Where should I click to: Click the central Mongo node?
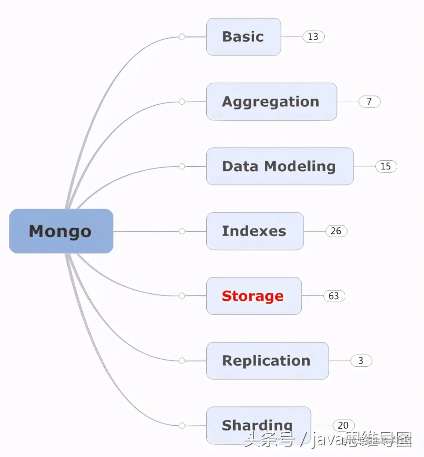[x=61, y=231]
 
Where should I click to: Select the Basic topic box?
[x=243, y=37]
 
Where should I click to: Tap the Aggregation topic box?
[x=271, y=101]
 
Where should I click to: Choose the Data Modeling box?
[x=279, y=166]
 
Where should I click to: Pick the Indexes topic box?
[x=255, y=231]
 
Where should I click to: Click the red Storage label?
[x=253, y=296]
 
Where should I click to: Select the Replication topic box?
[x=267, y=361]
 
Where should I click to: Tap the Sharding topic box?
[x=258, y=425]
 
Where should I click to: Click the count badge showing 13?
[x=313, y=37]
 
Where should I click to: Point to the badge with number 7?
[x=369, y=101]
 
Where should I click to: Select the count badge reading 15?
[x=386, y=166]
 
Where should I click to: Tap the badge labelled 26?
[x=336, y=231]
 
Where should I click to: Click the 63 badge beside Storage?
[x=334, y=296]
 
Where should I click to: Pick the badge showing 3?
[x=361, y=361]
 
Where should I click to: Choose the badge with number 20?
[x=343, y=425]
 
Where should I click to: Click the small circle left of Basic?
[x=182, y=37]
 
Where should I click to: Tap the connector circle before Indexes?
[x=182, y=231]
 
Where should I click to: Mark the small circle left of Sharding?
[x=182, y=425]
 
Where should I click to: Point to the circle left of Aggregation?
[x=182, y=102]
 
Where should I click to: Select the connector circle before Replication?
[x=182, y=361]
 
